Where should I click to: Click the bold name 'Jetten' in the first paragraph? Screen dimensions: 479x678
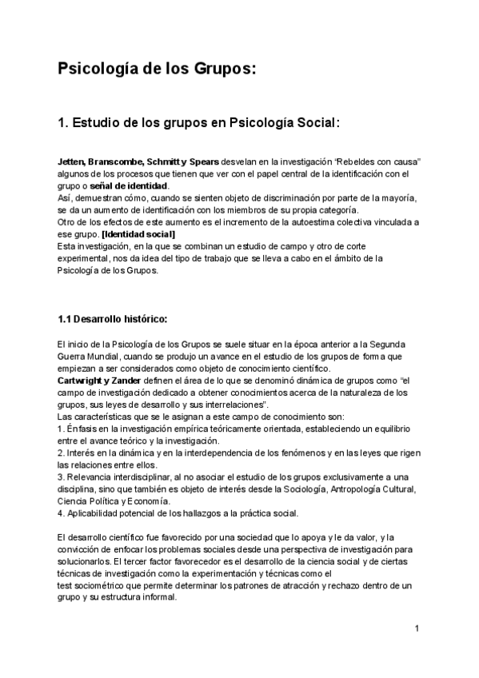point(72,162)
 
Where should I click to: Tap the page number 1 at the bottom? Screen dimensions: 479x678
point(417,628)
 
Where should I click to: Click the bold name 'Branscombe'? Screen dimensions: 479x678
point(119,162)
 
